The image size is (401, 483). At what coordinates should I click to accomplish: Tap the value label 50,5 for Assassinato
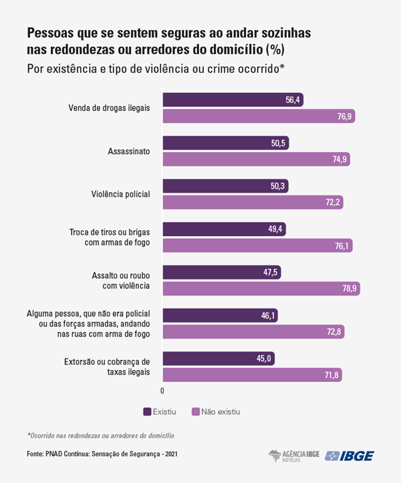pos(277,143)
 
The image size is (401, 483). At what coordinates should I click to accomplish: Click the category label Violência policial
pos(120,194)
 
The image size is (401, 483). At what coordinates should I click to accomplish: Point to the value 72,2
pos(333,202)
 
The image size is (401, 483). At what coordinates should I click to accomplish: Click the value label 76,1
pos(342,246)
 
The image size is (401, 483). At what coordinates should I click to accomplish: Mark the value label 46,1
pos(266,314)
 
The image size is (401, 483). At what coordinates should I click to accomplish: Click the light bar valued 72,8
pos(253,331)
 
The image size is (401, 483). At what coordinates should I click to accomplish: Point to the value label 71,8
pos(331,375)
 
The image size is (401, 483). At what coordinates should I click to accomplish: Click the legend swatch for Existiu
pos(147,411)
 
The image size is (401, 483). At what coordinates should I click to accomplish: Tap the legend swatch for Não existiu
pos(196,411)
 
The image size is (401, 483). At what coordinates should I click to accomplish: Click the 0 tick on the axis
pos(162,390)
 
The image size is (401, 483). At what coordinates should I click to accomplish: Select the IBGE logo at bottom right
pos(349,456)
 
